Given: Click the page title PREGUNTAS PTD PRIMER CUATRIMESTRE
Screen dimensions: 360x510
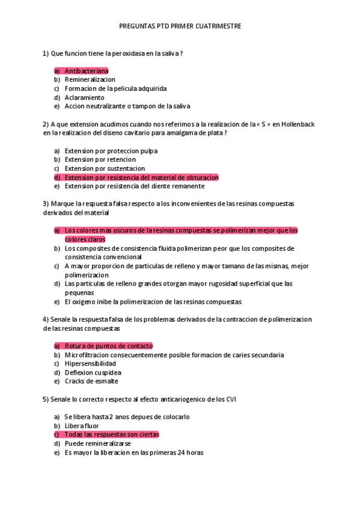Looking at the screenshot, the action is [x=180, y=27].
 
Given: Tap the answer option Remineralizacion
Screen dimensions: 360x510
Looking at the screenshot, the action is [x=90, y=79].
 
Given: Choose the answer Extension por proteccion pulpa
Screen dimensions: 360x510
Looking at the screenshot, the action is [x=111, y=151].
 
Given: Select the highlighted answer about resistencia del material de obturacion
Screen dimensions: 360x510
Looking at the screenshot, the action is [x=141, y=177].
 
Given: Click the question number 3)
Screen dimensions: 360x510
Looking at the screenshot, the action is [x=46, y=204].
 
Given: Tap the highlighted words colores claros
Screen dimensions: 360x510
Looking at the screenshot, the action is [x=85, y=239].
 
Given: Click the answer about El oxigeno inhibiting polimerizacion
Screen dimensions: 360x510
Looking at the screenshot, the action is [x=153, y=301].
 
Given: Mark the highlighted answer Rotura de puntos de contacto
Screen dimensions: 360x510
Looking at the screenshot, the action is [x=108, y=346].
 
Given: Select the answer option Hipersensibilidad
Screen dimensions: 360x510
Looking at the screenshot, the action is [x=90, y=364].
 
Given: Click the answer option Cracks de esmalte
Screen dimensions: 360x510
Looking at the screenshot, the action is [x=91, y=381].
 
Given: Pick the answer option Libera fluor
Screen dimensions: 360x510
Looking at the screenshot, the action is [x=82, y=426].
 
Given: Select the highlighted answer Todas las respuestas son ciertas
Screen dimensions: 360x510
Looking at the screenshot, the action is [x=112, y=434].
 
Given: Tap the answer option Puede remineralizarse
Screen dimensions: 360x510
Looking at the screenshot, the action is [x=97, y=443].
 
